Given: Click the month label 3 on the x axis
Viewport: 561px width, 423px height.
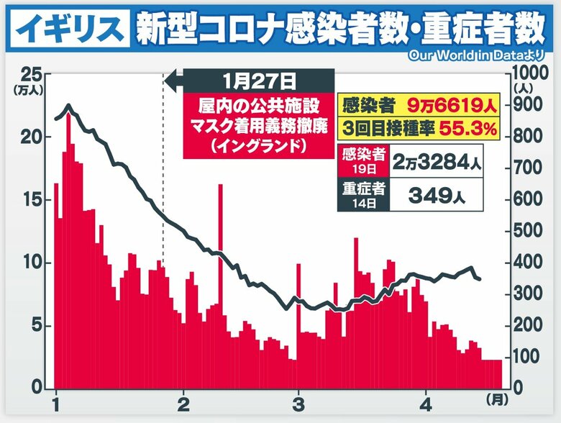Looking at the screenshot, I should click(298, 401).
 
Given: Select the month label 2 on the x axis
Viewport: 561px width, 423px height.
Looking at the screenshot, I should click(186, 401).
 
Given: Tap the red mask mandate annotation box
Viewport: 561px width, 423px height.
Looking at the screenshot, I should click(259, 125).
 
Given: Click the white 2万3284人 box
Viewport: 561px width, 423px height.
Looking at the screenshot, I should click(436, 162).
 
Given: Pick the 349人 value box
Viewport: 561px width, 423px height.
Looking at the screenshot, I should click(436, 195).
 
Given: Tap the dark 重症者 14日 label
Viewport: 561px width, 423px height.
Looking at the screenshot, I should click(364, 195).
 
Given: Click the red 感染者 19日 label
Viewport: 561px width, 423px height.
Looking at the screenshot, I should click(364, 162).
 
